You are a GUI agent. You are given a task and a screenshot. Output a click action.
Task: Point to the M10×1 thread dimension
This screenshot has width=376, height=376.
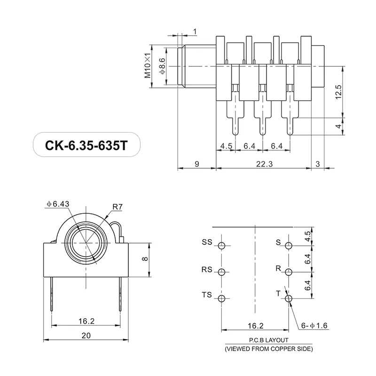148,66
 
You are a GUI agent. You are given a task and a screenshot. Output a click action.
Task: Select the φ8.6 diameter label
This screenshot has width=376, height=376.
162,66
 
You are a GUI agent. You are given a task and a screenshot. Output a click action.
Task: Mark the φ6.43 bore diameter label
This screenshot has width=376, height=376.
58,204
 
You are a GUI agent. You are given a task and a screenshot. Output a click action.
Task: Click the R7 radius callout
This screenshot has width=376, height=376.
118,206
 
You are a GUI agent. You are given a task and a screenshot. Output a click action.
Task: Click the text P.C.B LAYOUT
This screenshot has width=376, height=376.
268,341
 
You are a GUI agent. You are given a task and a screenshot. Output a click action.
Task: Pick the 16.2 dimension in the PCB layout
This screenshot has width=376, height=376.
255,325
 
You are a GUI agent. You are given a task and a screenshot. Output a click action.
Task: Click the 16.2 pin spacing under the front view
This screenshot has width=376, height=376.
86,321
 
